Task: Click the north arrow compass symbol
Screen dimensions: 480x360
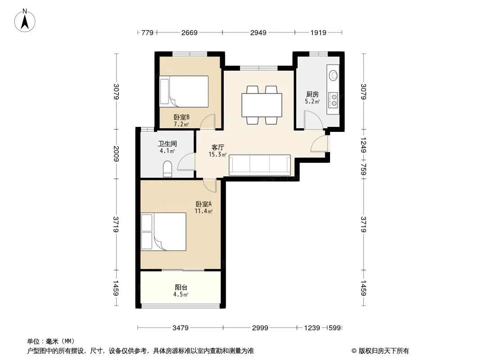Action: coord(25,20)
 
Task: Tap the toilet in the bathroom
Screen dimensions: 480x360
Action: coord(168,169)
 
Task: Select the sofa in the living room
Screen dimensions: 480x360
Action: coord(260,165)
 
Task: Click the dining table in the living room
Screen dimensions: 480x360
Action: coord(262,105)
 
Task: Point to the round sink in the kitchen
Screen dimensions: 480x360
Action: coord(333,75)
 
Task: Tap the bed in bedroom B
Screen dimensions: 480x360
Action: coord(184,91)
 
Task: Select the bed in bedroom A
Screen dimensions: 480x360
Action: coord(163,232)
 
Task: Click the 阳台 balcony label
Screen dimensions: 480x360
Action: coord(181,287)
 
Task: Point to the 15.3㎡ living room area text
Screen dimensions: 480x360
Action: coord(217,154)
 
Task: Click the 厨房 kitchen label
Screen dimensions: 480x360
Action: coord(312,94)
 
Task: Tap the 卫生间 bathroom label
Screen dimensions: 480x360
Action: coord(168,144)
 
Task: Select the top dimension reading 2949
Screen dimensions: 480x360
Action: coord(258,32)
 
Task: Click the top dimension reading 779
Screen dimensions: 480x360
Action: coord(147,32)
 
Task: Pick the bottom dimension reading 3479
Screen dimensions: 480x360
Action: coord(180,328)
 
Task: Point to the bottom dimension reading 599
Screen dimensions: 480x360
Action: coord(334,328)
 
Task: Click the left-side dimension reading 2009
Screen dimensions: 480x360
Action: coord(116,154)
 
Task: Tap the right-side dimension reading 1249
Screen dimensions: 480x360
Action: coord(363,144)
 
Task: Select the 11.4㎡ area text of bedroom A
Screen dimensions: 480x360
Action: coord(204,211)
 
